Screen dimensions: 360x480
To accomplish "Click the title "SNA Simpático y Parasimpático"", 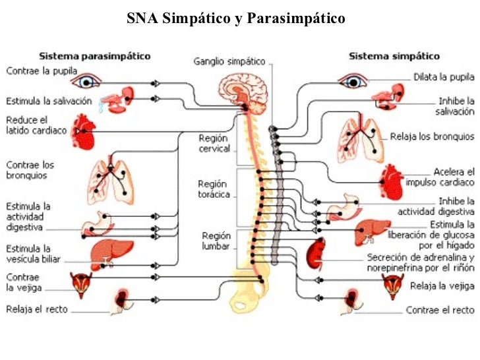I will (x=236, y=18).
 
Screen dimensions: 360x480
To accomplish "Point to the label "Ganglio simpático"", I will (x=229, y=61).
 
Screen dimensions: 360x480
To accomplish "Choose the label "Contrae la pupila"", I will (x=42, y=70).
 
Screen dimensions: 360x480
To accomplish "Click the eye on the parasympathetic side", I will (x=86, y=82).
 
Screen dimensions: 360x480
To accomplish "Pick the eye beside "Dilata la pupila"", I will (x=353, y=82).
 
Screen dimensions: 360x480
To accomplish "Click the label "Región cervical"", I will (x=214, y=143).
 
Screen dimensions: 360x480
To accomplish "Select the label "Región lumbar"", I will (x=215, y=241).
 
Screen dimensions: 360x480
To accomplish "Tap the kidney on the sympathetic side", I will (x=317, y=254).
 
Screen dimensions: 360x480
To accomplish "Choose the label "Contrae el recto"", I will (x=440, y=309).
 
